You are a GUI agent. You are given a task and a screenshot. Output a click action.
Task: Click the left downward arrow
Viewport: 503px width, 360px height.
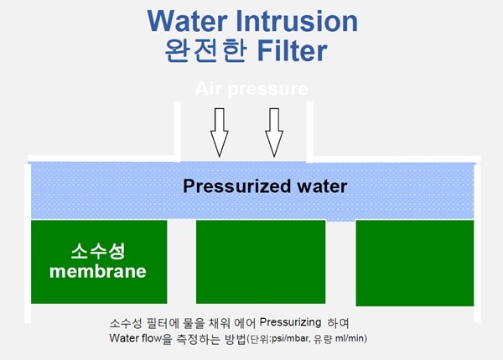[220, 132]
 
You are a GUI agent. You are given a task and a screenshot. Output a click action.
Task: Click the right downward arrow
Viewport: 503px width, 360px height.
[274, 132]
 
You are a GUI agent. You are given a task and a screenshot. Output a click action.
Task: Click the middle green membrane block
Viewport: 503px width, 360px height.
[260, 263]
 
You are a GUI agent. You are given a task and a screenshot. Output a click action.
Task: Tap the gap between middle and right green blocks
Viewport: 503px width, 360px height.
[340, 263]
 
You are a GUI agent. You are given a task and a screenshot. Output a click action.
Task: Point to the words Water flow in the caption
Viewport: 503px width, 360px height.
[136, 338]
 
